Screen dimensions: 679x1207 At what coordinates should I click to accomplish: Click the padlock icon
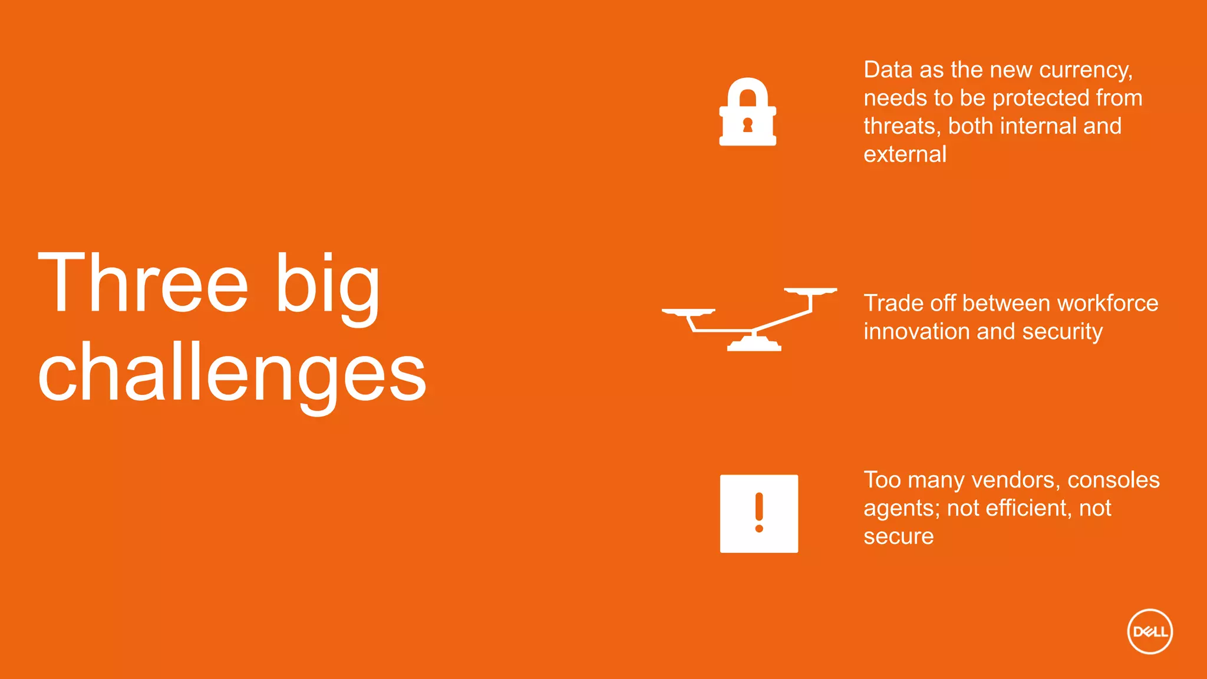point(747,112)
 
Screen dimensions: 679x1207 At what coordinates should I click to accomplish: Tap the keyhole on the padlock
point(747,125)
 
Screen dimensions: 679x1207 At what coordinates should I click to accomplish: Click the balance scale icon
point(750,319)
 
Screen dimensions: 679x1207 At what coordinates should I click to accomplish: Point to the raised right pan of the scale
point(810,291)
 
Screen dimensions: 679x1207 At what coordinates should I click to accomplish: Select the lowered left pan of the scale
point(688,312)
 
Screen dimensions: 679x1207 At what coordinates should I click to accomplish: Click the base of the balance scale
point(754,344)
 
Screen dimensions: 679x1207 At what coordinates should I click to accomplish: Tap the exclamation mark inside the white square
point(759,512)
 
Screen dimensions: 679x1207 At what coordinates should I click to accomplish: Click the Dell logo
point(1150,631)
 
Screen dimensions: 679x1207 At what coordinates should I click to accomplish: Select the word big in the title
point(328,286)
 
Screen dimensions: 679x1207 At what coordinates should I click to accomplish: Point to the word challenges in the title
point(232,374)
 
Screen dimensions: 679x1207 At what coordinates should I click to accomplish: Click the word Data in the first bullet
point(889,70)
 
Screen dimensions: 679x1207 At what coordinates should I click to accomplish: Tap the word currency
point(1085,71)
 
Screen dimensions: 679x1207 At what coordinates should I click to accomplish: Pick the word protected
point(1040,98)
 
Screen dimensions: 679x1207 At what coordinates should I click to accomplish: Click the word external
point(905,154)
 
